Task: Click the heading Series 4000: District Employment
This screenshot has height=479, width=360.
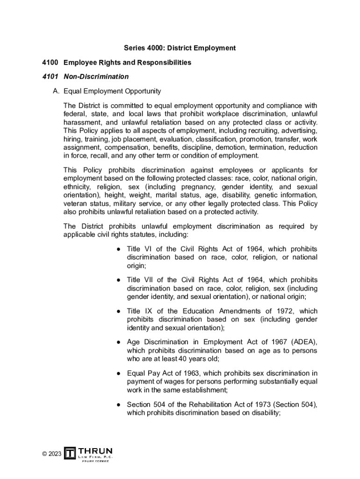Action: (180, 48)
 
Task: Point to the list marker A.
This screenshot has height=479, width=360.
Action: (56, 91)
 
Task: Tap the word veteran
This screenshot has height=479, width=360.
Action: (75, 203)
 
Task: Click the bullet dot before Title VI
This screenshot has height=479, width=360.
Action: (119, 249)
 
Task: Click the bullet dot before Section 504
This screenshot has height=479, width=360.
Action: (119, 405)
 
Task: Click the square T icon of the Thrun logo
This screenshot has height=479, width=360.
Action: (70, 453)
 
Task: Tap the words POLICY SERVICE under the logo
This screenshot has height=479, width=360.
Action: (95, 461)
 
